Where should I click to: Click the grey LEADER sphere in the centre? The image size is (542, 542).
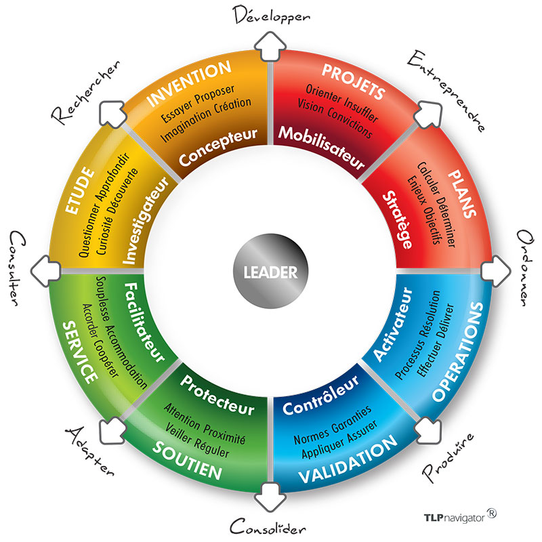pyautogui.click(x=270, y=272)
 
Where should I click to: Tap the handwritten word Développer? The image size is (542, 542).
pyautogui.click(x=271, y=15)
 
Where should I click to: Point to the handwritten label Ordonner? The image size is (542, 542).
pyautogui.click(x=526, y=268)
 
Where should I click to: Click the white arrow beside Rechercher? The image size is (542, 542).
pyautogui.click(x=110, y=111)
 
